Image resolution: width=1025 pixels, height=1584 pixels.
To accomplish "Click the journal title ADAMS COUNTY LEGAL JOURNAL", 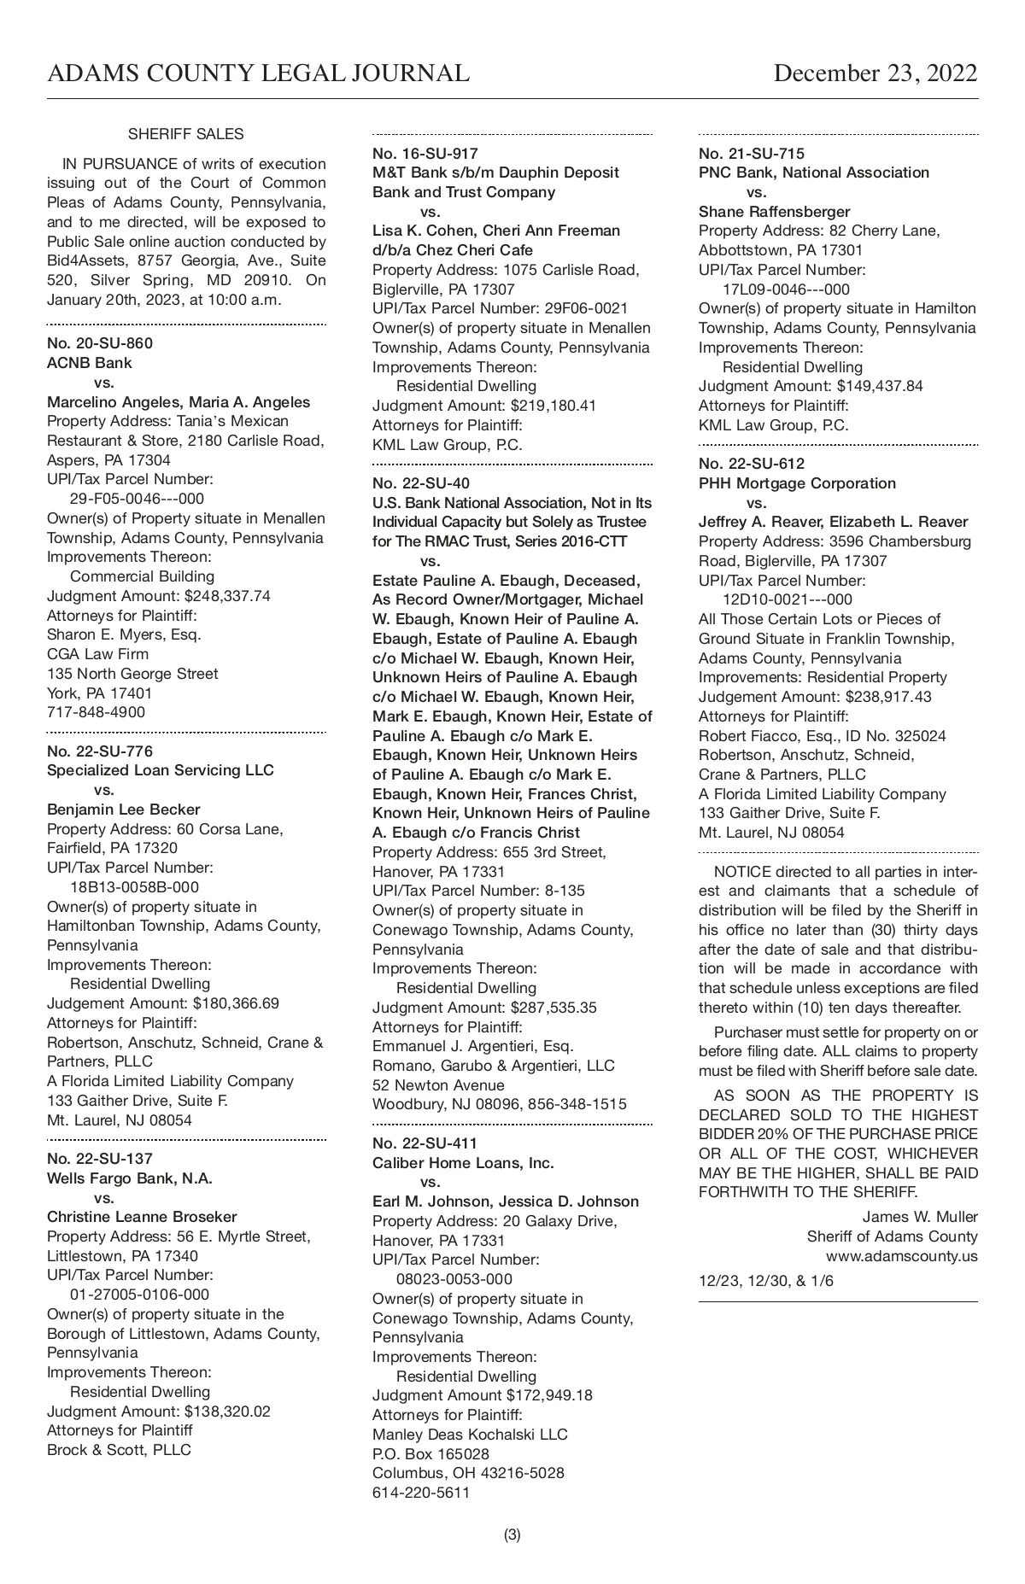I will coord(258,73).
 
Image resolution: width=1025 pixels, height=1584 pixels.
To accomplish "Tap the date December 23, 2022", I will coord(875,73).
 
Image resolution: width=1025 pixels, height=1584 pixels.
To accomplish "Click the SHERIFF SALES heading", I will coord(185,134).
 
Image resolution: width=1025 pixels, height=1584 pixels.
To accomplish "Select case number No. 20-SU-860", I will coord(100,343).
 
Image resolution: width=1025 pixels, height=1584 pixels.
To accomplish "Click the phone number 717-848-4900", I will coord(96,712).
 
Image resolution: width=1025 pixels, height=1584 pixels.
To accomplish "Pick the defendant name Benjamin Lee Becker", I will coord(124,810).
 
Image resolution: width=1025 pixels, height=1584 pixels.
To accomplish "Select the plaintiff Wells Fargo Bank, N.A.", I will coord(130,1178).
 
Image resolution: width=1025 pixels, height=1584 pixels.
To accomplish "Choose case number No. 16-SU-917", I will coord(425,154).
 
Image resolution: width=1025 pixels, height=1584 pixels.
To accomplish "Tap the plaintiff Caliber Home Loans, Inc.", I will coord(463,1163).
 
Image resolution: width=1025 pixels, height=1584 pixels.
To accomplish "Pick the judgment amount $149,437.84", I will coord(880,386).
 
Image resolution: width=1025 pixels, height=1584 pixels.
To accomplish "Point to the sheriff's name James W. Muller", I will coord(920,1217).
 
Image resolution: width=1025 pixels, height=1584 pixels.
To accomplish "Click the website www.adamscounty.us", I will coord(901,1256).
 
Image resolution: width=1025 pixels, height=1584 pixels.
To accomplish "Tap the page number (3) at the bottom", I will coord(512,1534).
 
